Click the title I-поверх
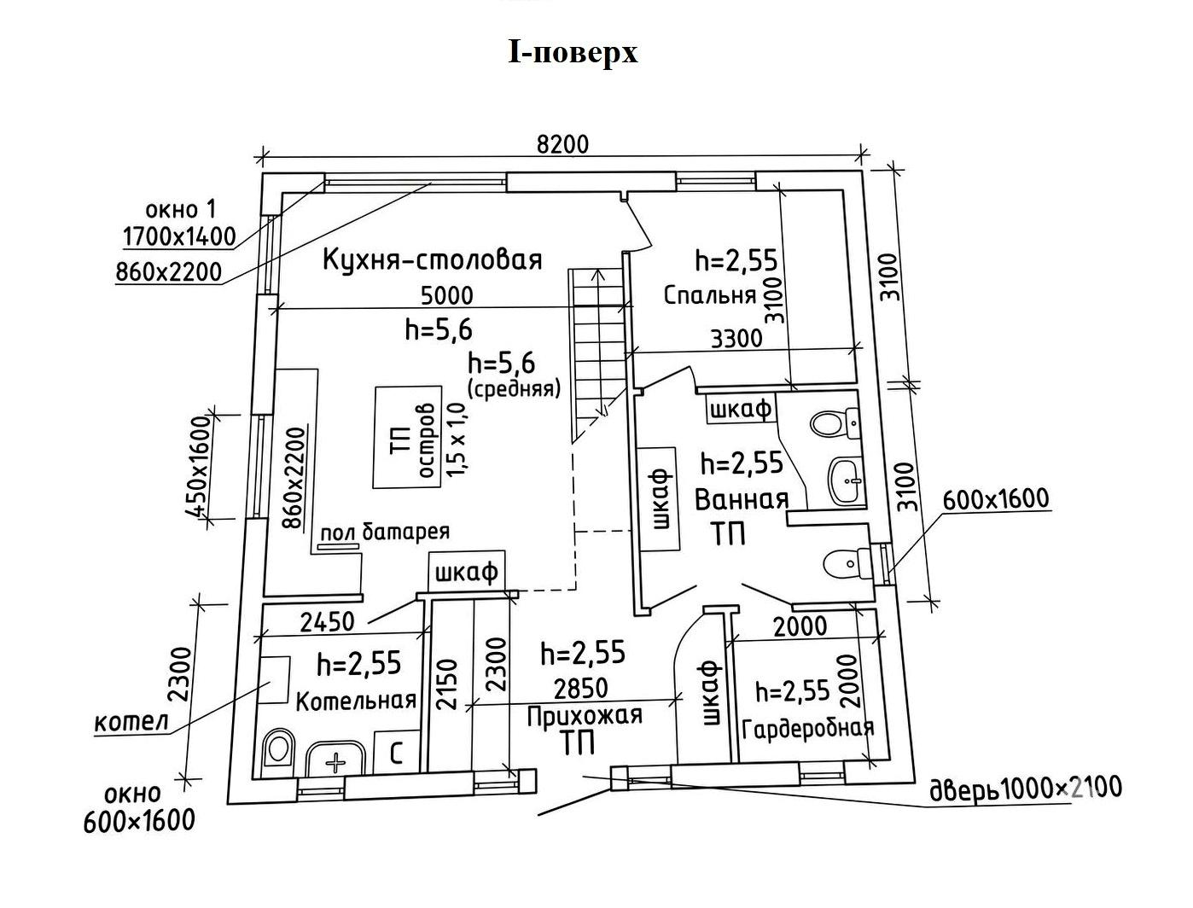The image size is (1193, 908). pyautogui.click(x=573, y=53)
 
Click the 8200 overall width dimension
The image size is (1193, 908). pyautogui.click(x=562, y=144)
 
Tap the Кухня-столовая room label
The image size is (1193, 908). pyautogui.click(x=433, y=259)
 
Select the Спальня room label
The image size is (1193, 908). pyautogui.click(x=710, y=295)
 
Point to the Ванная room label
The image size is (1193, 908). pyautogui.click(x=742, y=499)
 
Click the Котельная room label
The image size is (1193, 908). pyautogui.click(x=356, y=701)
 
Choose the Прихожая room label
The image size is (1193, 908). pyautogui.click(x=585, y=716)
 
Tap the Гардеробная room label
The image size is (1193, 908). pyautogui.click(x=807, y=728)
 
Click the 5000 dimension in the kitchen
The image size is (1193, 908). pyautogui.click(x=447, y=295)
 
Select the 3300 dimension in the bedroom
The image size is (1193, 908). pyautogui.click(x=736, y=339)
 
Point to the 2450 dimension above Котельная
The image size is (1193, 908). pyautogui.click(x=327, y=621)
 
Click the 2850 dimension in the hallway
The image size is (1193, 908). pyautogui.click(x=581, y=688)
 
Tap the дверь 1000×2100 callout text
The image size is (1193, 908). pyautogui.click(x=1026, y=789)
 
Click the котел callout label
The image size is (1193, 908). pyautogui.click(x=131, y=722)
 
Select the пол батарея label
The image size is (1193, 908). pyautogui.click(x=385, y=531)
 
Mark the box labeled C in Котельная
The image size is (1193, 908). pyautogui.click(x=397, y=752)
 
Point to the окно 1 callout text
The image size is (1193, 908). pyautogui.click(x=180, y=209)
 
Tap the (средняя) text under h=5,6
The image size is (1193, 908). pyautogui.click(x=514, y=388)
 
